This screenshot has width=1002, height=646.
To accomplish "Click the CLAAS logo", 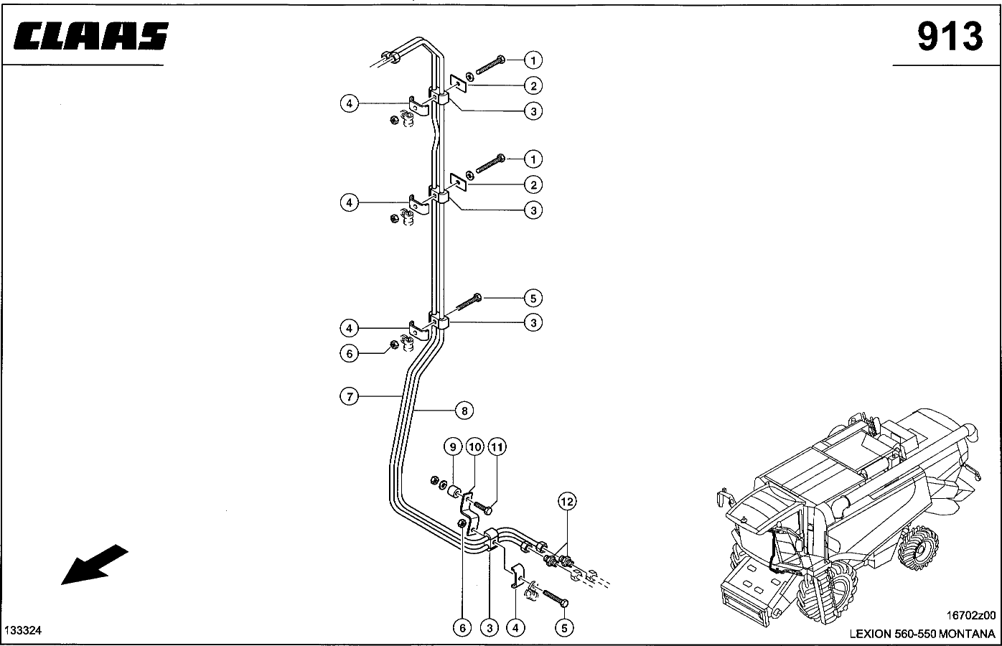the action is [x=91, y=36].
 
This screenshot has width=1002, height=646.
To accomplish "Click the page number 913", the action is [x=950, y=36].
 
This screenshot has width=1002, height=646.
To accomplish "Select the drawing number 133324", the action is [x=23, y=630].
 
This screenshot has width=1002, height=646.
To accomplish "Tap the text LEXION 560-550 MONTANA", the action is [x=922, y=634].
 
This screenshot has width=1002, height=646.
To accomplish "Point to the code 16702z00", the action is [x=970, y=615].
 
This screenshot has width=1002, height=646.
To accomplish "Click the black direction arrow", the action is [x=94, y=565].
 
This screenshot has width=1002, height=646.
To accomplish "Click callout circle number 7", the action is [x=350, y=396].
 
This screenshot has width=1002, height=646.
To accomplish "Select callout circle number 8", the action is [x=464, y=411].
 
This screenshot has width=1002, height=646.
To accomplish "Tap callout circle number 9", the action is [x=453, y=447].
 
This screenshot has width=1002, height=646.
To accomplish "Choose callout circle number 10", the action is [x=475, y=447].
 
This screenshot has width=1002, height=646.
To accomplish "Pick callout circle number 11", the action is [x=497, y=447].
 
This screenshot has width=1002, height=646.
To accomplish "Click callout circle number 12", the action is [x=567, y=502].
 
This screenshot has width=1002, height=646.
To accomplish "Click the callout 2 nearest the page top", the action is [x=533, y=85].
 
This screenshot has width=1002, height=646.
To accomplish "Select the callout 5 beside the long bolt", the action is [x=533, y=298].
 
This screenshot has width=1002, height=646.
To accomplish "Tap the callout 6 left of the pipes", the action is [x=350, y=354].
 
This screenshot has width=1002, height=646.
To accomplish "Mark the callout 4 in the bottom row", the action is [x=515, y=628].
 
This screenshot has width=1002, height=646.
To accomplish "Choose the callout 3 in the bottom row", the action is [x=490, y=628].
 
